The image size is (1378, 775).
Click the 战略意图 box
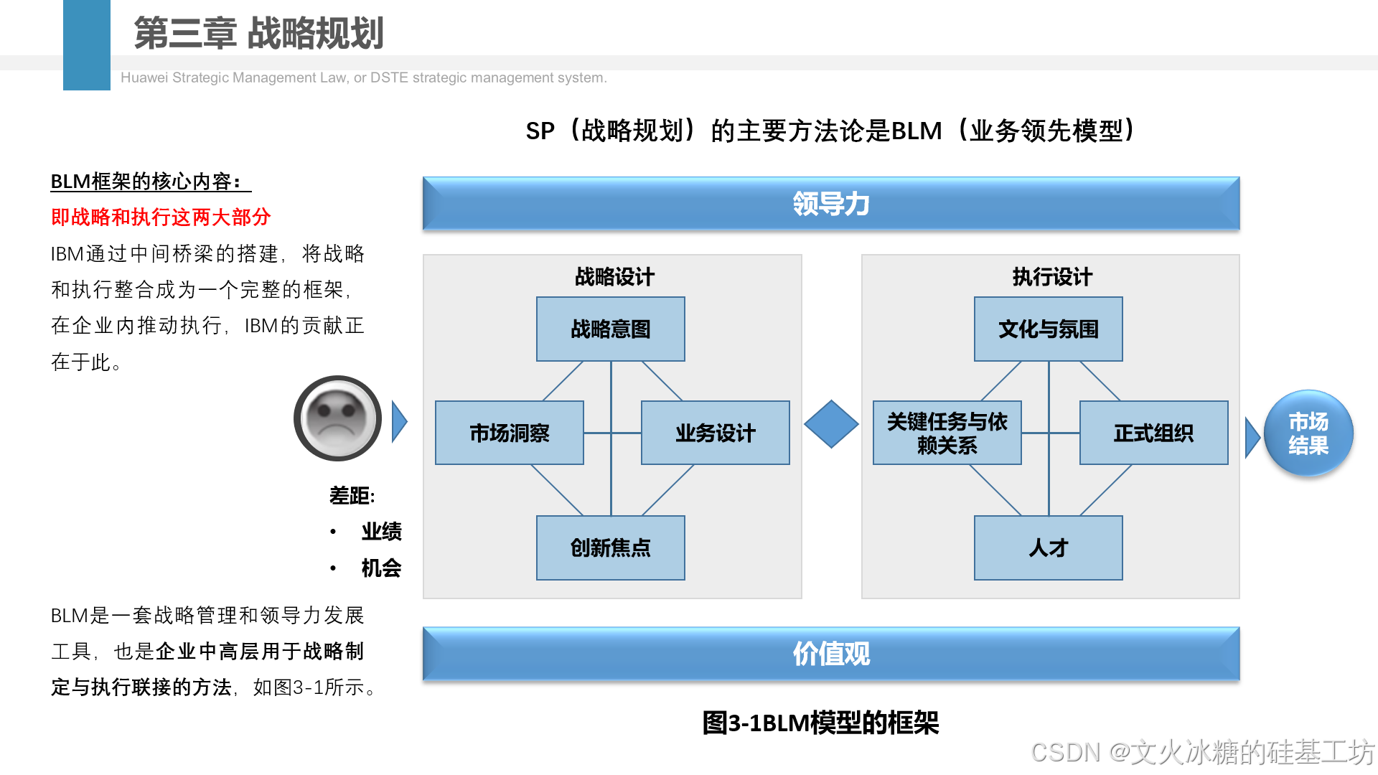[x=610, y=329]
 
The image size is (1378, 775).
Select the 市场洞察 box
[x=509, y=433]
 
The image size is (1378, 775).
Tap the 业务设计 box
[x=715, y=433]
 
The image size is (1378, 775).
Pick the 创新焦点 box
[x=610, y=548]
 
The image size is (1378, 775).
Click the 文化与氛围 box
[x=1048, y=329]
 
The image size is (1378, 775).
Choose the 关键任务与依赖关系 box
[x=947, y=433]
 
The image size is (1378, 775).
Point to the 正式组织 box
[x=1153, y=433]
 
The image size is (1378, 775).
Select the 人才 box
[x=1048, y=548]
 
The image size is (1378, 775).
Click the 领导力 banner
[x=831, y=204]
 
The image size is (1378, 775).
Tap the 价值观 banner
[x=831, y=654]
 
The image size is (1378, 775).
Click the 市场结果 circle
[x=1308, y=433]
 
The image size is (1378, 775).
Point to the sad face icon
[x=337, y=418]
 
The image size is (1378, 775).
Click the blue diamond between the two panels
[x=831, y=424]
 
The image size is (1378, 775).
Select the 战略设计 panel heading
[x=614, y=277]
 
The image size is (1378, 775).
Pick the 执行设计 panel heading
[x=1052, y=277]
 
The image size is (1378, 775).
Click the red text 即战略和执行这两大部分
[x=161, y=217]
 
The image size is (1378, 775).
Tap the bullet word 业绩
[x=381, y=532]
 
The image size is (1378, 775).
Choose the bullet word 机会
[x=381, y=568]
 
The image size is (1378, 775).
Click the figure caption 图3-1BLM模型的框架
[x=820, y=723]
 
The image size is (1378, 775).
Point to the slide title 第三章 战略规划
[x=258, y=33]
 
